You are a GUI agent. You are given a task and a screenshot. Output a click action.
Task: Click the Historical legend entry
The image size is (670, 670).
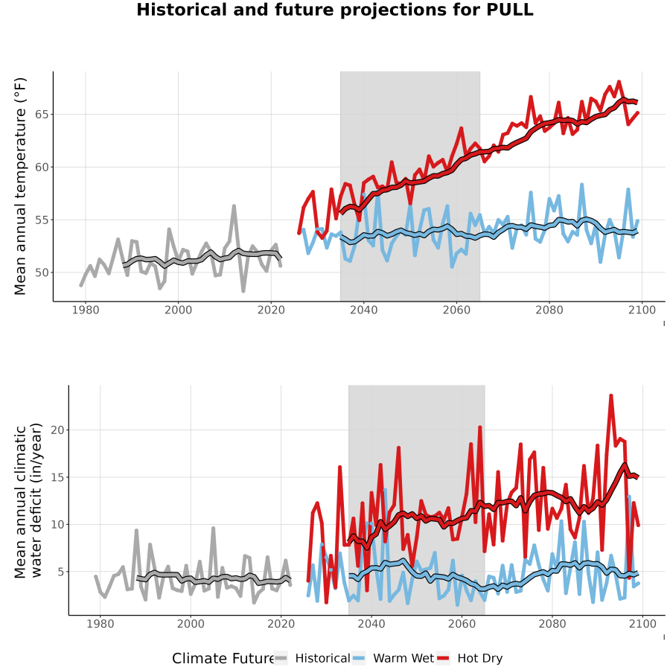tap(311, 658)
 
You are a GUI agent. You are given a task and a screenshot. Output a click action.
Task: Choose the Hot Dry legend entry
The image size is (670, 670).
tap(470, 658)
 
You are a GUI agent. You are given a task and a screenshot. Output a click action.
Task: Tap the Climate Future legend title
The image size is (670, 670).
tap(223, 659)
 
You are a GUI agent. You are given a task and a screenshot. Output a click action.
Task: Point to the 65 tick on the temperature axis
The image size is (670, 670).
tap(42, 115)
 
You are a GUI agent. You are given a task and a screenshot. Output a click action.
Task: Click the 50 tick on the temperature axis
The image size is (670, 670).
tap(42, 272)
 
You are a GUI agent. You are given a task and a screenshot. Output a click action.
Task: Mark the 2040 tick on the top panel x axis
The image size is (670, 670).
tap(363, 310)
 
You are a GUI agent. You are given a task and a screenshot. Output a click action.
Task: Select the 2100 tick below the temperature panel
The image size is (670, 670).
tap(642, 310)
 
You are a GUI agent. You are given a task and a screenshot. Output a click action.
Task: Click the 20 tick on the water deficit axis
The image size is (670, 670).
tap(57, 430)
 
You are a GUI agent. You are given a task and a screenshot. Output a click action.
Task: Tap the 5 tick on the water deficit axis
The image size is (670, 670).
tap(61, 572)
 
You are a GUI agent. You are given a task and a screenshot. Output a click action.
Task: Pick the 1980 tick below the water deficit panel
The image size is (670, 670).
tap(100, 624)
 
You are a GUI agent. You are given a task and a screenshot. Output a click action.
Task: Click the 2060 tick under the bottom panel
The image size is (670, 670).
tap(462, 624)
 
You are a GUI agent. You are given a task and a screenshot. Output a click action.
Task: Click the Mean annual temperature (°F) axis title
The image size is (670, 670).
tap(20, 186)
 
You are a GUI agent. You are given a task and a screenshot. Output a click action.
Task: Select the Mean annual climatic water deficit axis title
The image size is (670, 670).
tap(28, 500)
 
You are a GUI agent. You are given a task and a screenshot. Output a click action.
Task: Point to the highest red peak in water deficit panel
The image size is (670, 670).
tap(611, 396)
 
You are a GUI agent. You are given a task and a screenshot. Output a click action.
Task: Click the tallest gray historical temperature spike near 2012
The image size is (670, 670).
tap(234, 206)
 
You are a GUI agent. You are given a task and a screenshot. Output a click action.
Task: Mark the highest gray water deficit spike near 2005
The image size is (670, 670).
tap(213, 529)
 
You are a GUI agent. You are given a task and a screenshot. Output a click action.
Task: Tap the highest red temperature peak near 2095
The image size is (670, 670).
tap(619, 82)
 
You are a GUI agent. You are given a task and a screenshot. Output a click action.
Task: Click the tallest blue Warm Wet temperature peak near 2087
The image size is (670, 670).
tap(581, 185)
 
